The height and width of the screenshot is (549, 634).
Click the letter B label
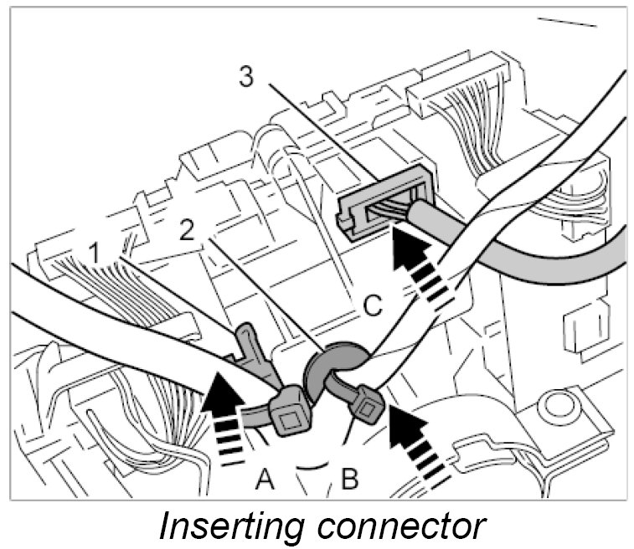[349, 480]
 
